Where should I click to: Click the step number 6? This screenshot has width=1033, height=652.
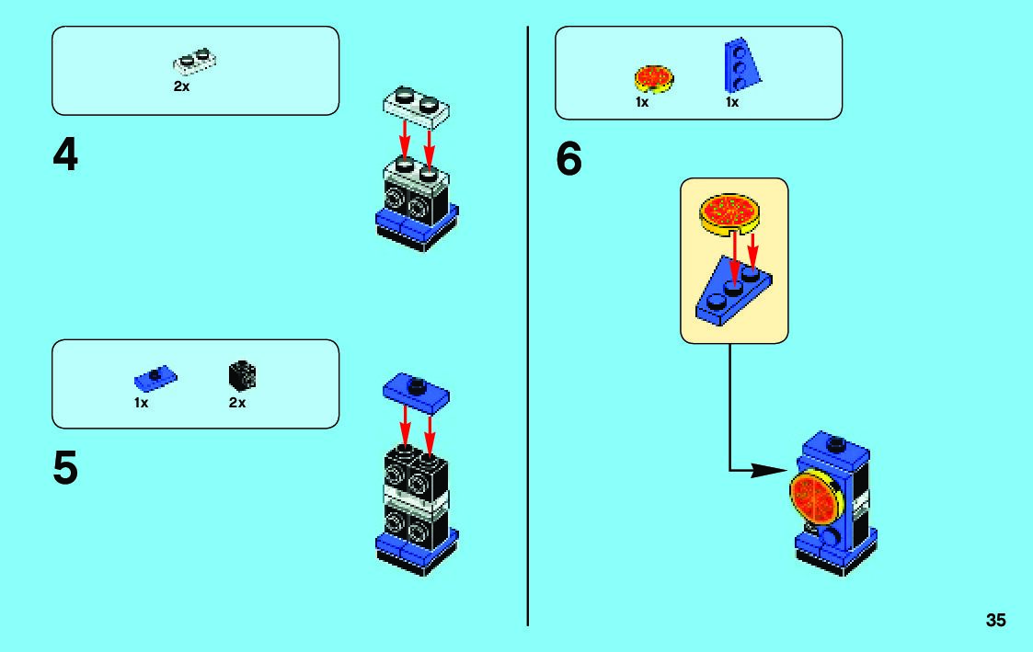(x=568, y=161)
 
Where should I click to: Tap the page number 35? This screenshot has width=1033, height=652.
(x=995, y=621)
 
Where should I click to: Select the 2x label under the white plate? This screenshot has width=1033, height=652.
(x=181, y=87)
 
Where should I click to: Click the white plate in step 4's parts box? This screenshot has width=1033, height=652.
(x=195, y=61)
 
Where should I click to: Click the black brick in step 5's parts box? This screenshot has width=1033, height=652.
(x=241, y=375)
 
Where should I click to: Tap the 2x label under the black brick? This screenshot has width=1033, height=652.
(x=237, y=402)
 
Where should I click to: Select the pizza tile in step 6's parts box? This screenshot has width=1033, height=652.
(x=653, y=77)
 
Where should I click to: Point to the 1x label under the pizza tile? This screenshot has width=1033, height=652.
(x=642, y=102)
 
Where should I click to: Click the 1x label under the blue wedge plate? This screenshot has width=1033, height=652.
(x=732, y=102)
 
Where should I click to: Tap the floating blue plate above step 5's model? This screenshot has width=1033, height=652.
(x=416, y=393)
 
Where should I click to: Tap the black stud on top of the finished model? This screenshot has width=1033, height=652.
(x=835, y=445)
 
